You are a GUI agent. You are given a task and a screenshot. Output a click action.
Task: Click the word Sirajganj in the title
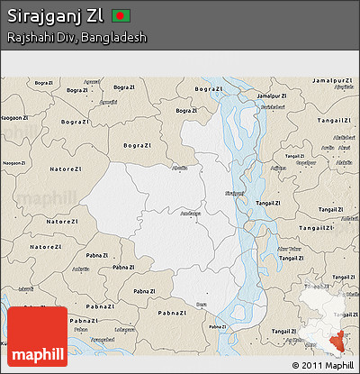[x=44, y=16]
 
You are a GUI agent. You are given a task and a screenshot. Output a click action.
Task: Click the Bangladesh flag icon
[x=121, y=16]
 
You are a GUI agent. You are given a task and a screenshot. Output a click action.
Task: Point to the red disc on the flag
[x=121, y=16]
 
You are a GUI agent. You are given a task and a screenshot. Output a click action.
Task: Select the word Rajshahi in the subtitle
[x=28, y=38]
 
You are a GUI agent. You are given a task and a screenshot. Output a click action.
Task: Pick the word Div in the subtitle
[x=64, y=38]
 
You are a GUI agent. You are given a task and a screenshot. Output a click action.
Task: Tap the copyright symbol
[x=296, y=365]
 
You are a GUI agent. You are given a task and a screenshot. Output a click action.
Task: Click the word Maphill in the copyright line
[x=339, y=365]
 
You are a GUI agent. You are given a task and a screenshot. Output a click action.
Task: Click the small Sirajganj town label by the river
[x=234, y=193]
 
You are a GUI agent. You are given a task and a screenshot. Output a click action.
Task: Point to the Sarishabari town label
[x=267, y=107]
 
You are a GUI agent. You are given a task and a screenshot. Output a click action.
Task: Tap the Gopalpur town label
[x=305, y=163]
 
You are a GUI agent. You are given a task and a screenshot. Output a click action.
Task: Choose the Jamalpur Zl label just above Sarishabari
[x=272, y=96]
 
